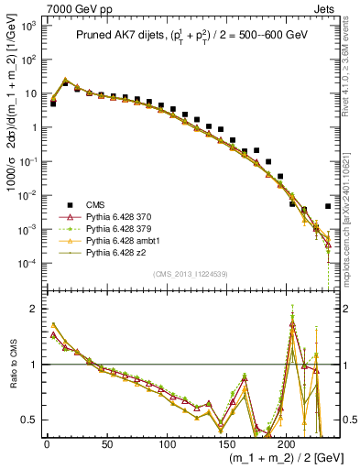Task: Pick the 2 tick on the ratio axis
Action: pos(34,309)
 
